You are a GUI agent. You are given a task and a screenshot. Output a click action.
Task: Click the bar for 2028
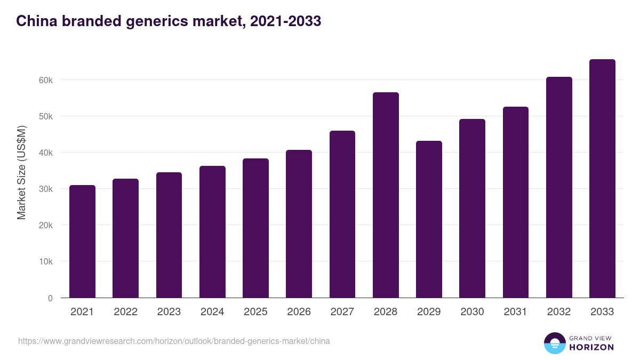(386, 195)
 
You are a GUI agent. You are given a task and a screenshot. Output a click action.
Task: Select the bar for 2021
(82, 242)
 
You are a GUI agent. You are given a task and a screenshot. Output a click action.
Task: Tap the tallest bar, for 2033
(602, 179)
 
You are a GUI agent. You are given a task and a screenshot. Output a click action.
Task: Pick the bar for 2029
(429, 219)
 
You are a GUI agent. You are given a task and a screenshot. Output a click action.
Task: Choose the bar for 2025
(255, 228)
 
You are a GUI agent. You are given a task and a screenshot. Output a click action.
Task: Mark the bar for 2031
(516, 202)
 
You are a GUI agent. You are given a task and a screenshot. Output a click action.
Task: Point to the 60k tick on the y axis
(46, 80)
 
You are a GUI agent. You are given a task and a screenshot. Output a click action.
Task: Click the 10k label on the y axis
(46, 262)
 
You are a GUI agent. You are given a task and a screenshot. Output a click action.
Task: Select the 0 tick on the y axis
(50, 298)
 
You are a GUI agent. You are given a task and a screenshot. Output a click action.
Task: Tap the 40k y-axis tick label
(46, 153)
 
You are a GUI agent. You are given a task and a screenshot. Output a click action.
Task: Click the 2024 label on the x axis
(212, 312)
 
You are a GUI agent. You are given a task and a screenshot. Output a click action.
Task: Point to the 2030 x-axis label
(472, 312)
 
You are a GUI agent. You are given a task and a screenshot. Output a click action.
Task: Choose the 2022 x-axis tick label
(125, 312)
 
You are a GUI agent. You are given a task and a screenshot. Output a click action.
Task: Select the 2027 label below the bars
(342, 312)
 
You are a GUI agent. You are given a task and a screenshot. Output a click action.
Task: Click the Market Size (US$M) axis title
(21, 172)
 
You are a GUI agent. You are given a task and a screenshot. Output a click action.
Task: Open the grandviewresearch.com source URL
(174, 341)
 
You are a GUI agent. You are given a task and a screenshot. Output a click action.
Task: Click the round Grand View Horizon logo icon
(554, 343)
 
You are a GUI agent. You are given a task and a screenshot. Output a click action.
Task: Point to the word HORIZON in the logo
(591, 347)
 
